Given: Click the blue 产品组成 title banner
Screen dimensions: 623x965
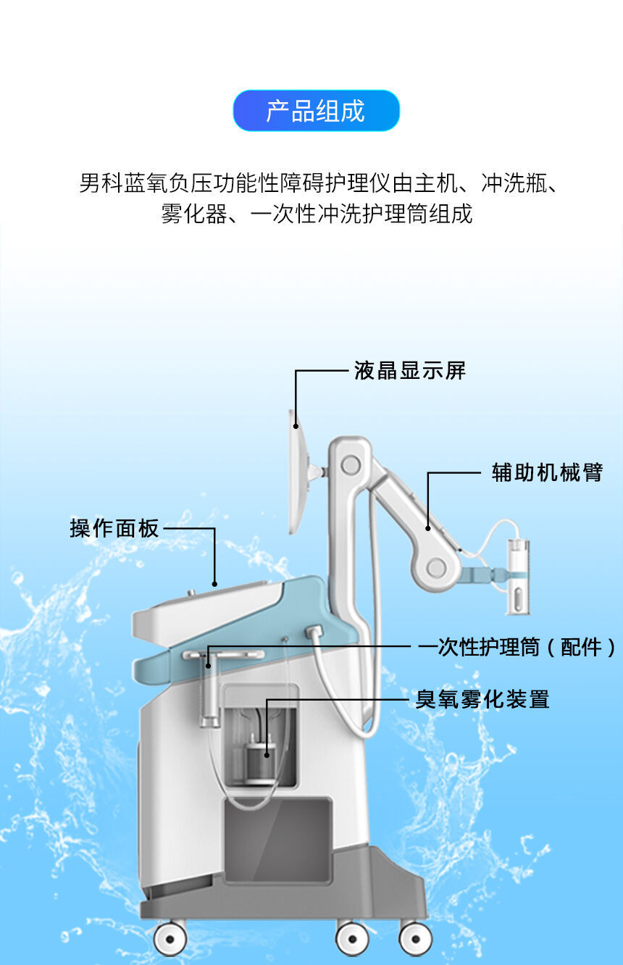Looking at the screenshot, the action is (x=317, y=110).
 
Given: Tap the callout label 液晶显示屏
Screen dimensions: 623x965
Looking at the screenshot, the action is (x=410, y=370).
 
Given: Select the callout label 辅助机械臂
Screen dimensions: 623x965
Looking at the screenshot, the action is (x=547, y=472).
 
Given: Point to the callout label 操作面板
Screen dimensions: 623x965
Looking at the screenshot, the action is (x=114, y=528).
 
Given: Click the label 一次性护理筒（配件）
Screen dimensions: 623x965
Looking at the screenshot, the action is (x=517, y=647).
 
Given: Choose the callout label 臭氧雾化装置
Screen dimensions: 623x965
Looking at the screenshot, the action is (x=482, y=699).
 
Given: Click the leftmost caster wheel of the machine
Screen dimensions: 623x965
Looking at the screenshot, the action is (x=170, y=938).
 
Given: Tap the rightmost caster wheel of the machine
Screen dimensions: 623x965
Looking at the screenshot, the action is (x=415, y=938).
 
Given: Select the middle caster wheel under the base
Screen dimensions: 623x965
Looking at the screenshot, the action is (x=353, y=938).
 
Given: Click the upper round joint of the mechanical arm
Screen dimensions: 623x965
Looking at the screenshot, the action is (x=351, y=465).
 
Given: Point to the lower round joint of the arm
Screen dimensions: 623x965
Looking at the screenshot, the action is (x=436, y=567).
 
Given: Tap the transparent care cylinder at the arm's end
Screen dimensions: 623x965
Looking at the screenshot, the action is (x=518, y=577).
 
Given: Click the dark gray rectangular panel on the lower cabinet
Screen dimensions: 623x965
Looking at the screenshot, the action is (x=277, y=849).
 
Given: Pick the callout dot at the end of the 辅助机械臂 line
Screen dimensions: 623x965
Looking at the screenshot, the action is (x=428, y=528).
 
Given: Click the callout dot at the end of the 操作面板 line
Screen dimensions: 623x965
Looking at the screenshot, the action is (x=214, y=584).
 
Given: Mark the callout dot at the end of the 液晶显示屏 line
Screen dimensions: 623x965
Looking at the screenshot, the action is (x=296, y=427).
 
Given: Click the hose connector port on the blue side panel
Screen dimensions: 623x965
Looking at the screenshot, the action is (x=314, y=632).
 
